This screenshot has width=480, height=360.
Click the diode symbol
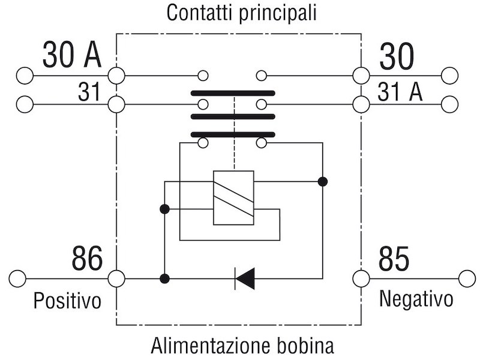[x=245, y=278]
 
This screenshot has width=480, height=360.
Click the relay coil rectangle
[x=233, y=198]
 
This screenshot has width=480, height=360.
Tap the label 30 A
[x=71, y=55]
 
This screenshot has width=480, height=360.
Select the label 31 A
[x=400, y=92]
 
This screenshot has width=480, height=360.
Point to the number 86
[x=87, y=259]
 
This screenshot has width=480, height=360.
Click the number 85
[x=394, y=259]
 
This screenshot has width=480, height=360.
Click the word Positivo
[x=67, y=301]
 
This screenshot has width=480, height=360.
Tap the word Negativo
[x=416, y=298]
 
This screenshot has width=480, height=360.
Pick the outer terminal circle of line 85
[x=467, y=278]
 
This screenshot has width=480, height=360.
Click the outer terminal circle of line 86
[x=17, y=278]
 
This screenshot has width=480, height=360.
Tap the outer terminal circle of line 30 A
[x=25, y=76]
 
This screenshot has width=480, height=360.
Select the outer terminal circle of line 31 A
[x=449, y=104]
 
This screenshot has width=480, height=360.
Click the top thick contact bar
[x=233, y=93]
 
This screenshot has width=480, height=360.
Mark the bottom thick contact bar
[x=233, y=134]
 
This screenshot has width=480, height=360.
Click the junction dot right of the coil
[x=323, y=182]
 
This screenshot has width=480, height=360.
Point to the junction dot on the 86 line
[x=164, y=278]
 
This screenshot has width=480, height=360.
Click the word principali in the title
[x=278, y=13]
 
